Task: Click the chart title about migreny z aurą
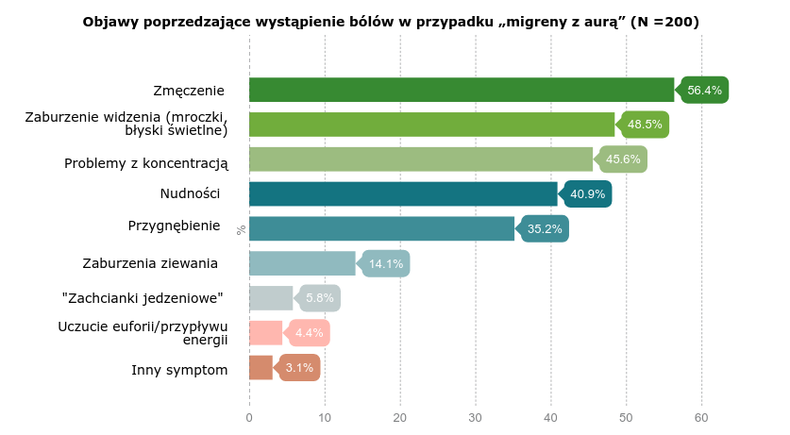[x=391, y=22]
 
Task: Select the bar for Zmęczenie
[x=462, y=90]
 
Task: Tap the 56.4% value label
[x=705, y=91]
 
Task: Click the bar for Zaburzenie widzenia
[x=431, y=125]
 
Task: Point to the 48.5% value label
[x=645, y=125]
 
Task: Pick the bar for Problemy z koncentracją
[x=421, y=159]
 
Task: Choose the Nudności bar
[x=403, y=193]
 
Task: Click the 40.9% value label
[x=587, y=194]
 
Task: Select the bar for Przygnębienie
[x=381, y=228]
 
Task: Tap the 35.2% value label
[x=545, y=229]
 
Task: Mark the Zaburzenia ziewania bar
[x=302, y=263]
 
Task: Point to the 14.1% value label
[x=386, y=264]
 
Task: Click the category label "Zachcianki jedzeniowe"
[x=143, y=298]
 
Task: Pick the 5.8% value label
[x=320, y=298]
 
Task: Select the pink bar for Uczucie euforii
[x=265, y=332]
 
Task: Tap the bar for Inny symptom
[x=261, y=367]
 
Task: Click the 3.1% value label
[x=299, y=368]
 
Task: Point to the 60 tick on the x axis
[x=701, y=417]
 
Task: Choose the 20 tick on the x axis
[x=400, y=417]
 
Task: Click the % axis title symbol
[x=242, y=229]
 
